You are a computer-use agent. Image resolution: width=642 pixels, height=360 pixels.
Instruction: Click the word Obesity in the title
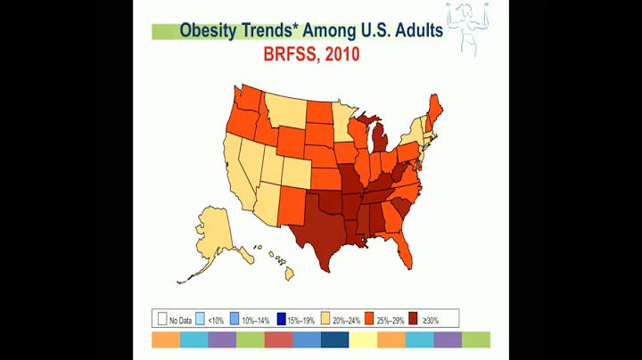tap(209, 30)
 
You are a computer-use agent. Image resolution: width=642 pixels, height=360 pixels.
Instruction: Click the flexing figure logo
tap(472, 28)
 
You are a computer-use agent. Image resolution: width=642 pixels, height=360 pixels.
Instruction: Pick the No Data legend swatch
tap(162, 319)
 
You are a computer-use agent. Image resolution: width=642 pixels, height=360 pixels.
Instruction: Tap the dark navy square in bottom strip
tap(334, 340)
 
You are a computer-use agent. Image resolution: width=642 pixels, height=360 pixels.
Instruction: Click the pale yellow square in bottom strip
tap(362, 340)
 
